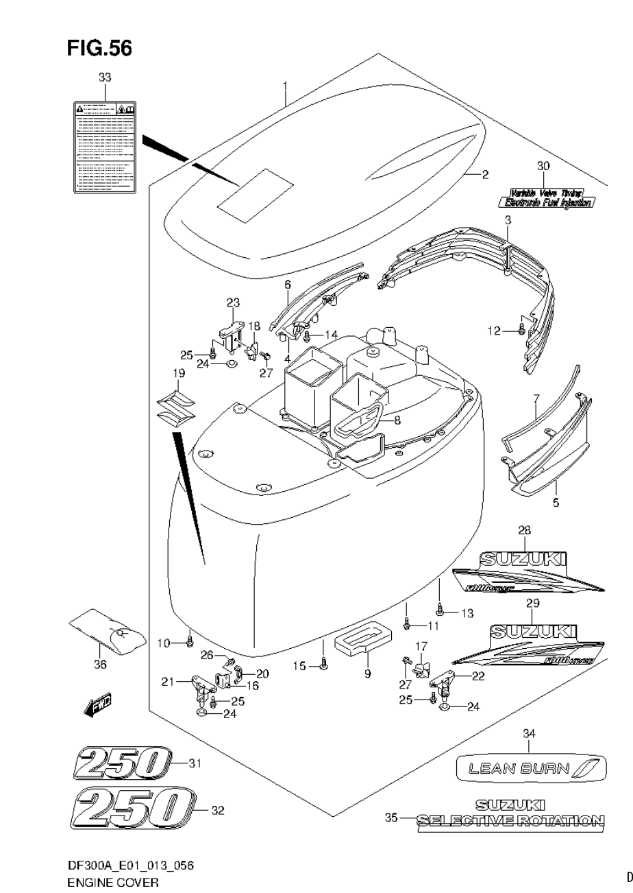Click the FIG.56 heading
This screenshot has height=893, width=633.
click(x=99, y=48)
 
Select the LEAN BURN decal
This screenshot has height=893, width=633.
click(x=531, y=768)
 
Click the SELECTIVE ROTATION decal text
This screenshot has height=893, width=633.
click(x=511, y=820)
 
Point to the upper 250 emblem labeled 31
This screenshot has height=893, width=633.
click(x=121, y=763)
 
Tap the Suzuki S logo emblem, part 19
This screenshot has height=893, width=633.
click(x=176, y=409)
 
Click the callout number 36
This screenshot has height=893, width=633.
click(x=100, y=664)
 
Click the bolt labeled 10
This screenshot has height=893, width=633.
click(x=190, y=642)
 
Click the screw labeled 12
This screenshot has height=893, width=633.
click(x=523, y=331)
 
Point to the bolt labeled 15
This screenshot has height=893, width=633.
click(x=324, y=663)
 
